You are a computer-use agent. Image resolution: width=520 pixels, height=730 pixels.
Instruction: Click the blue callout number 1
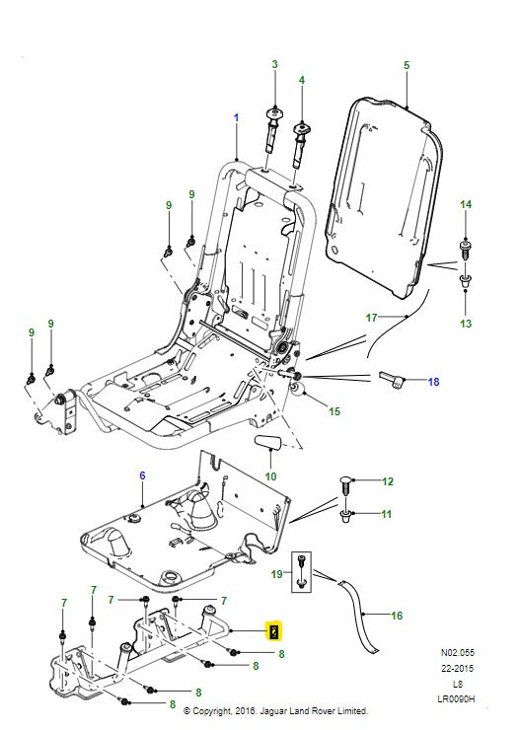pos(236,118)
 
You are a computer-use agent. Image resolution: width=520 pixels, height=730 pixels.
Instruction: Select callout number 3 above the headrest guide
pos(274,64)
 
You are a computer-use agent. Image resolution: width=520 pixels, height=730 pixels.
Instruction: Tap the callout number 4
pos(302,79)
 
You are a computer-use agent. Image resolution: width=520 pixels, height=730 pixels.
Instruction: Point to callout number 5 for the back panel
pos(406,65)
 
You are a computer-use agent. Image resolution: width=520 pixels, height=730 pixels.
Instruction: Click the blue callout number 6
pos(142,475)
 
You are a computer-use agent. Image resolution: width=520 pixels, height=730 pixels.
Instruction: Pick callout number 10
pos(269,475)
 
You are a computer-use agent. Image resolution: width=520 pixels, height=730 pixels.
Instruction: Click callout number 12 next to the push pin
pos(388,481)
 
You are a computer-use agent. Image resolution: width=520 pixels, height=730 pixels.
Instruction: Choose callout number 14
pos(466,204)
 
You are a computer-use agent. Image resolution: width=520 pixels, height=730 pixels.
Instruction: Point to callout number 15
pos(334,411)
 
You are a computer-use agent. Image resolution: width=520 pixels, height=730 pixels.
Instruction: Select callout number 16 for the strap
pos(397,616)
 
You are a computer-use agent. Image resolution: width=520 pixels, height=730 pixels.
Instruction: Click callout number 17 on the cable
pos(372,318)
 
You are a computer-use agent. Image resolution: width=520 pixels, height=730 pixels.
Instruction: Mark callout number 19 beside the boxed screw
pos(277,572)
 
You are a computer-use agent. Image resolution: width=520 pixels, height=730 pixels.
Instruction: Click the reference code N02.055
pos(457,652)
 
